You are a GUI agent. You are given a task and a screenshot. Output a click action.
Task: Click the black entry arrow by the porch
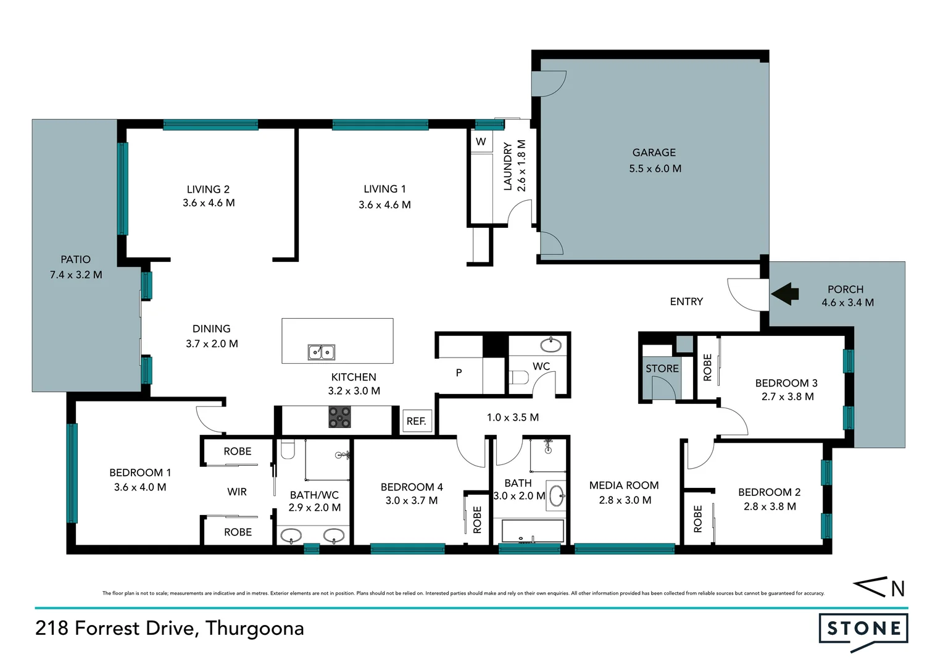(x=785, y=294)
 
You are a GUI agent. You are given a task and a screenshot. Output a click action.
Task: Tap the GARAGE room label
(x=654, y=153)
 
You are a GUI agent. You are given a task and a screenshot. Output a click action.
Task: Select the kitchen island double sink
(x=321, y=352)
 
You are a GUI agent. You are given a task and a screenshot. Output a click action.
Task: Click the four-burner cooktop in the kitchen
(x=339, y=417)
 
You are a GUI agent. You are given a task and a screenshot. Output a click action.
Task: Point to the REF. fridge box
(x=417, y=421)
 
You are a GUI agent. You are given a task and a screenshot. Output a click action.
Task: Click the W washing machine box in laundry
(x=481, y=141)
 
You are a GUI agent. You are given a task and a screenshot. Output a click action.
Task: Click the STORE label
(x=662, y=369)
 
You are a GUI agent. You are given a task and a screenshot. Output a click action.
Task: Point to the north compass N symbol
(x=897, y=589)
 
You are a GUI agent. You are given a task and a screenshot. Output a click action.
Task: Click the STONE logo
(x=863, y=629)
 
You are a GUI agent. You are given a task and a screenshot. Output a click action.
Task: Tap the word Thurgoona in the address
(x=254, y=628)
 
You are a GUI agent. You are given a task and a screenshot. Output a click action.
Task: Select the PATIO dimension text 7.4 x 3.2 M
(x=76, y=275)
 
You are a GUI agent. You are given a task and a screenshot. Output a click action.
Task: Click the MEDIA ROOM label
(x=624, y=485)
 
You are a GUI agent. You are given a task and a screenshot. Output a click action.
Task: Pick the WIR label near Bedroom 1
(x=237, y=492)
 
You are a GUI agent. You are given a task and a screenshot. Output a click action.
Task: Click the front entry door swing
(x=746, y=295)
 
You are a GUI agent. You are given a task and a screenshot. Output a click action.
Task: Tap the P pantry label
(x=459, y=372)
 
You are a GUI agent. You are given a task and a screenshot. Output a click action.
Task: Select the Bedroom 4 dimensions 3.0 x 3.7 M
(x=412, y=500)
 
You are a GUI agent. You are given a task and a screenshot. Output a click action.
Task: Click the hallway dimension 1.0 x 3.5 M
(x=512, y=417)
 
